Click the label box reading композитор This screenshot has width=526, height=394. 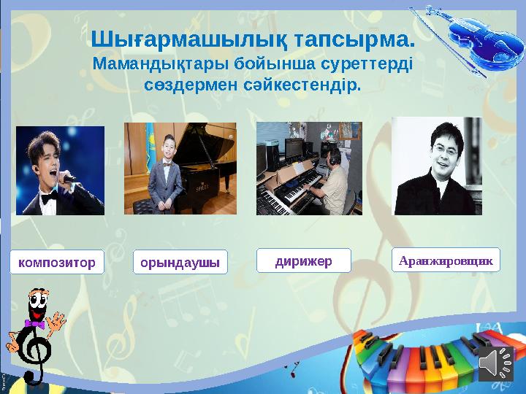(57, 262)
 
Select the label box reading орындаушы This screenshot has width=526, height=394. (180, 262)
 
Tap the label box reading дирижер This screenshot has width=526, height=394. (304, 260)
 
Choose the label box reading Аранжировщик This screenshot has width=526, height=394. (446, 259)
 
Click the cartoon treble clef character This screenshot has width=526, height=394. (34, 333)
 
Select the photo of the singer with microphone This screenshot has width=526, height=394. (60, 170)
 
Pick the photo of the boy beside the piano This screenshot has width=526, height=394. (180, 169)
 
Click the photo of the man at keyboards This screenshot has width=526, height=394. (308, 169)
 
